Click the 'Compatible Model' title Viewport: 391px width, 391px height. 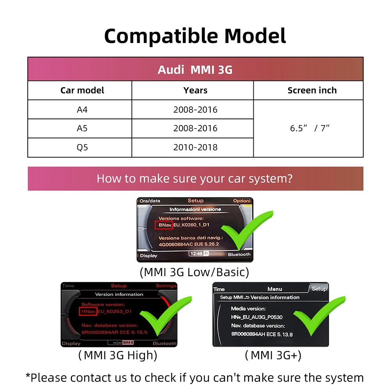click(x=195, y=36)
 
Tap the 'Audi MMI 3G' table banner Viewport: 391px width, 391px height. click(x=195, y=70)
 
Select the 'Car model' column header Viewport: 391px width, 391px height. click(x=82, y=91)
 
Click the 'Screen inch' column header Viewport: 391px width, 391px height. click(x=312, y=91)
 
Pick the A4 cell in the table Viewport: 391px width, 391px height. click(x=82, y=109)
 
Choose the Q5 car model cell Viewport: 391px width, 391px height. click(x=82, y=147)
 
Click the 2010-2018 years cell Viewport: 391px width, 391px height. click(x=195, y=147)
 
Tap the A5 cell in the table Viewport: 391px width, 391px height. click(x=82, y=128)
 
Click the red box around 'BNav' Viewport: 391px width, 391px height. click(x=163, y=225)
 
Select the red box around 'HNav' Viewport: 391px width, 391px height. click(x=88, y=312)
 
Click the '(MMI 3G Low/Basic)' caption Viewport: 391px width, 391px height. click(x=194, y=272)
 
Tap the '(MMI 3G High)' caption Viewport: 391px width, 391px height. click(x=118, y=355)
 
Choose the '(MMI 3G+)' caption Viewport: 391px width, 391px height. click(x=273, y=355)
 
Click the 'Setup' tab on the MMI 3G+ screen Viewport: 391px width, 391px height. click(x=319, y=289)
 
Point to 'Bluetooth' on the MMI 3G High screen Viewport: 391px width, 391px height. click(x=165, y=343)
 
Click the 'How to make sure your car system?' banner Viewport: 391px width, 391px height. click(x=195, y=179)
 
